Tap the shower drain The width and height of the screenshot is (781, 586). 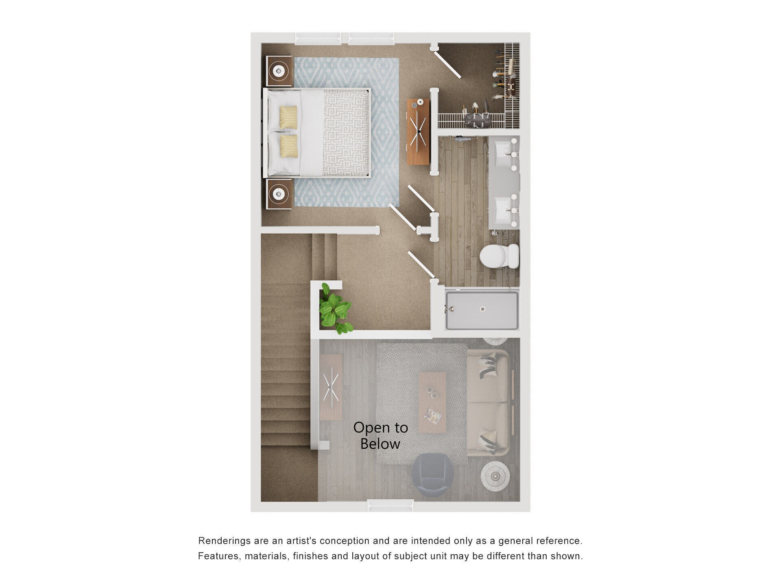click(x=482, y=308)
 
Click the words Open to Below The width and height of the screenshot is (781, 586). click(x=380, y=435)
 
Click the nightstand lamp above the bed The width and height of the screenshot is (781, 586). click(x=279, y=71)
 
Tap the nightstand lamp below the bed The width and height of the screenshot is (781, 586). click(x=279, y=194)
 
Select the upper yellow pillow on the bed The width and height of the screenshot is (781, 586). click(x=288, y=116)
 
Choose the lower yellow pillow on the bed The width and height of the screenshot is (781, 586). click(x=288, y=146)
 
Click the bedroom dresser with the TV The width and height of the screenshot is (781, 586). click(x=418, y=131)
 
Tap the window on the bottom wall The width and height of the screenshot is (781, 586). click(x=390, y=506)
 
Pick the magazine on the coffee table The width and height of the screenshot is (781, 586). click(x=432, y=415)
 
